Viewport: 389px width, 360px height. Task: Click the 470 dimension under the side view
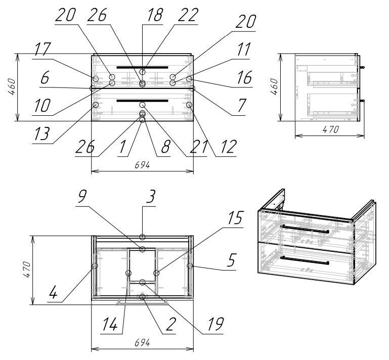329,129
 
